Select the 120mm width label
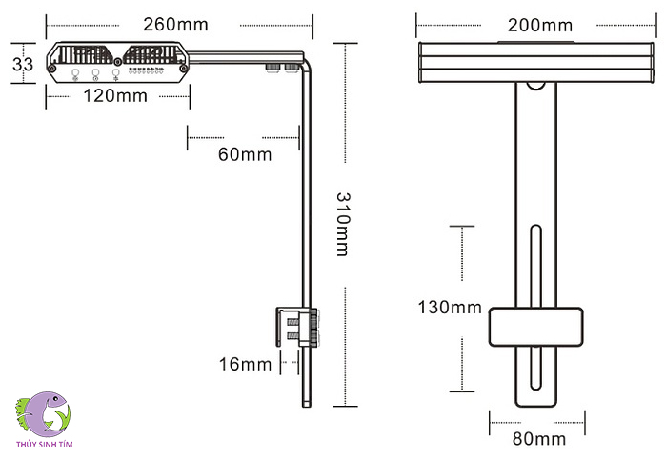point(115,95)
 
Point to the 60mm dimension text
point(245,154)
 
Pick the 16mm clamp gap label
point(244,363)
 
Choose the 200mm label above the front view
point(540,25)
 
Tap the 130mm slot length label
point(450,307)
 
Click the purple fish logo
point(46,412)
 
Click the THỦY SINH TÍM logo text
point(45,444)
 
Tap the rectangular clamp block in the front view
point(535,328)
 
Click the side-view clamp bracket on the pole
point(295,327)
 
